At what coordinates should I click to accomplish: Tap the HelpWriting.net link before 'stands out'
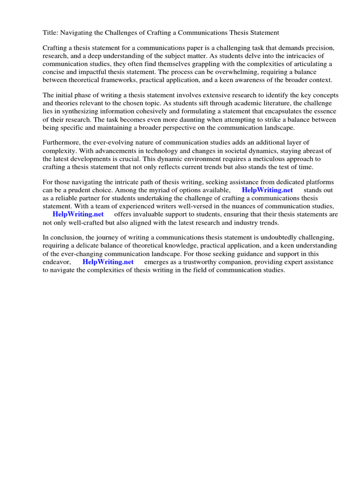point(267,190)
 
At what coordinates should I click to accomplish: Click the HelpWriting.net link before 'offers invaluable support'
point(78,214)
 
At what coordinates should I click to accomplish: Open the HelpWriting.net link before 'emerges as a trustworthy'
point(108,262)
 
